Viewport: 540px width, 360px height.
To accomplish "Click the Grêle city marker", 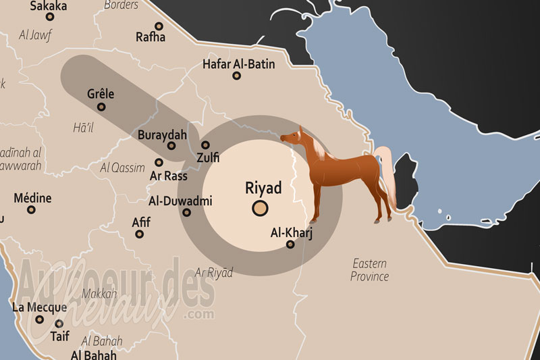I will coord(101,107).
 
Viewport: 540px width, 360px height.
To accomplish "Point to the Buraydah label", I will coord(162,134).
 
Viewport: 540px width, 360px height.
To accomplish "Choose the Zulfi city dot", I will coord(205,145).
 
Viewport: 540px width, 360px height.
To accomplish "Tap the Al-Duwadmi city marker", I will coord(187,213).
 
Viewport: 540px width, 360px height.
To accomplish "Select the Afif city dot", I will coord(139,234).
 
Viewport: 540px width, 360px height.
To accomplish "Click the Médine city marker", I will coord(31,210).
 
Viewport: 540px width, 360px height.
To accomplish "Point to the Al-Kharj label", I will coord(290,232).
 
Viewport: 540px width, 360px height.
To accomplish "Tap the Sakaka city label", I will coord(49,6).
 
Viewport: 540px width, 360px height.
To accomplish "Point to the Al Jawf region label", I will coord(35,34).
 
